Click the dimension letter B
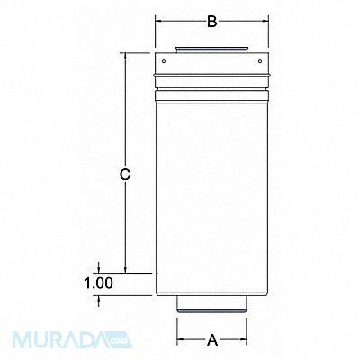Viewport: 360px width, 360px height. coord(211,22)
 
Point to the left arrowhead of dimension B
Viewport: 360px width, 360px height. coord(158,22)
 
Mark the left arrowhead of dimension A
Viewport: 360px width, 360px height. coord(178,340)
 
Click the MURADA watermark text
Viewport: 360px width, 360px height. coord(63,342)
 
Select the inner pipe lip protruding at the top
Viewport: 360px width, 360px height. coord(211,49)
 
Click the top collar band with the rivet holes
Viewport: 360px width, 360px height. coord(211,64)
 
